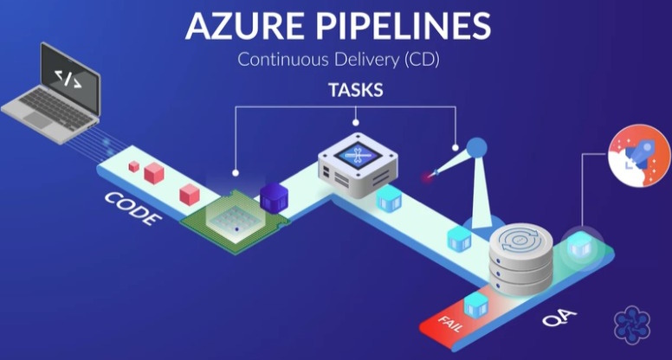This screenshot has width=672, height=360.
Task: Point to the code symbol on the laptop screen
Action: (68, 79)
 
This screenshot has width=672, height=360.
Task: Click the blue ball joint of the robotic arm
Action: (477, 149)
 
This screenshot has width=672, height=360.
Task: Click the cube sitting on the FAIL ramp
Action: (475, 304)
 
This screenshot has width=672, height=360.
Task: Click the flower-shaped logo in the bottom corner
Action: (631, 325)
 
